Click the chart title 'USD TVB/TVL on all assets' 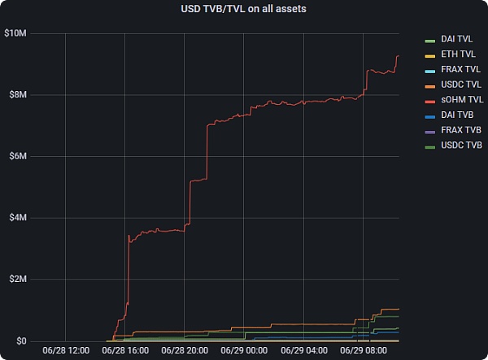244,9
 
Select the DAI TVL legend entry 456,39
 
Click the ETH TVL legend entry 456,54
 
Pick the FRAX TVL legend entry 458,70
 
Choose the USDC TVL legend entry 458,85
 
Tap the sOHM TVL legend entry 459,101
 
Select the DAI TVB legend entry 456,116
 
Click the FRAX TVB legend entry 458,132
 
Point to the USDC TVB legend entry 458,147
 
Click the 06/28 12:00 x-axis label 66,351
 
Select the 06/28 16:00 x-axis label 125,351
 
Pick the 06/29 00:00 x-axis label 245,351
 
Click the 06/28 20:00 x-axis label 185,351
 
